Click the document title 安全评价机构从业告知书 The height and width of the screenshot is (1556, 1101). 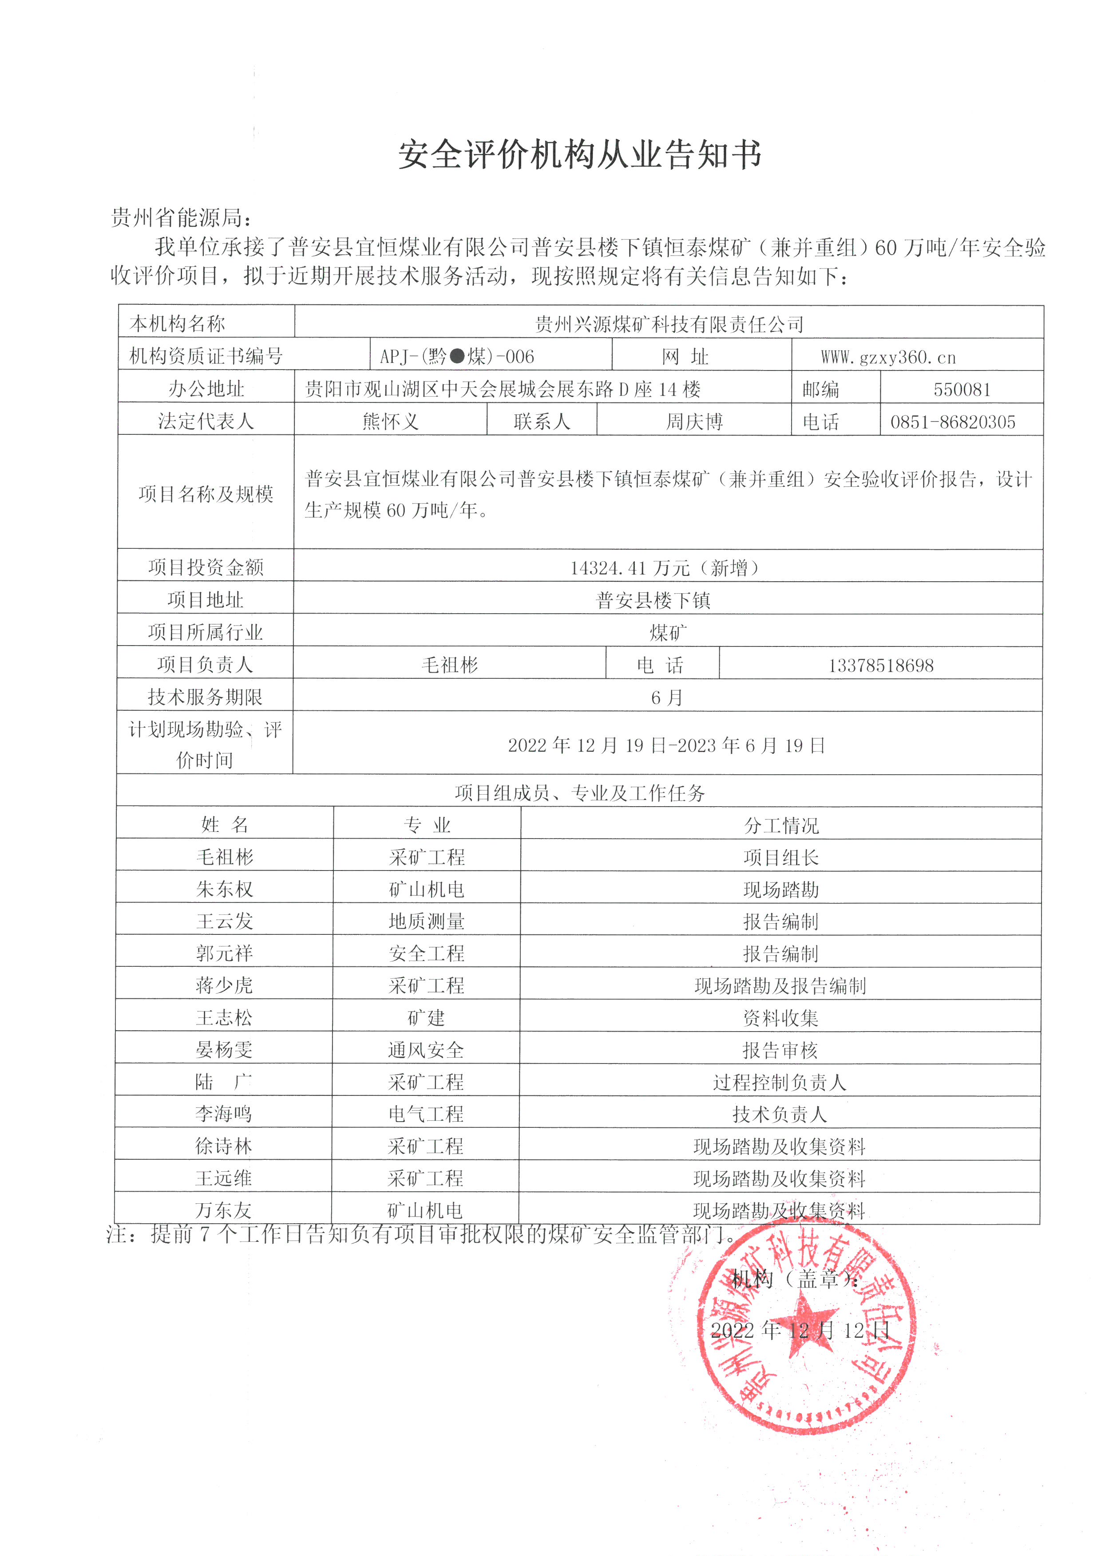point(580,154)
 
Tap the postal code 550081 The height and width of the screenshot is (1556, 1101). point(961,390)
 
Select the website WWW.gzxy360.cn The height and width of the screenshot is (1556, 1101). point(888,357)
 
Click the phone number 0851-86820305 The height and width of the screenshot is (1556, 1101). point(953,422)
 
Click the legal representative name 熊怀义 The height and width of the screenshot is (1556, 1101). point(391,421)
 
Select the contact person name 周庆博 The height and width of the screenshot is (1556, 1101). point(694,421)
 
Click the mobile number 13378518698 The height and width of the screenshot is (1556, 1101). point(881,665)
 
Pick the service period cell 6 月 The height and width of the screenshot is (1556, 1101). point(667,697)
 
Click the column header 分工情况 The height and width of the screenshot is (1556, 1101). point(781,825)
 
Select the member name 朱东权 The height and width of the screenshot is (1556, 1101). point(224,889)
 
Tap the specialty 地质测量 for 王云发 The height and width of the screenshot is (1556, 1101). point(427,921)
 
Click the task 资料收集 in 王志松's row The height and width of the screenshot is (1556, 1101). point(780,1018)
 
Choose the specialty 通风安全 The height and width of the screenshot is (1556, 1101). point(426,1050)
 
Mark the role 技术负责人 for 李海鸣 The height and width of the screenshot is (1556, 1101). point(780,1114)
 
